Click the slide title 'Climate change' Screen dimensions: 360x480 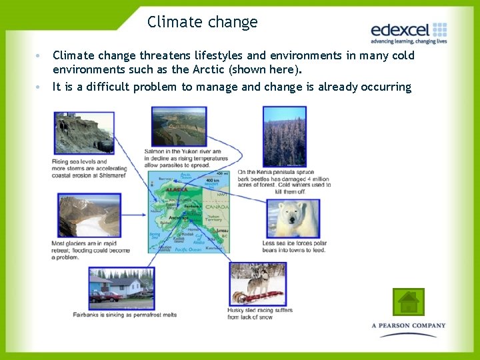[x=202, y=22]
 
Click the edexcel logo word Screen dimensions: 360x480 [x=399, y=30]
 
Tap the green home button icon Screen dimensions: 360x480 [x=408, y=302]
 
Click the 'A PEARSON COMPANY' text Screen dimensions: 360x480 [x=408, y=326]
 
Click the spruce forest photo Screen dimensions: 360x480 [x=284, y=136]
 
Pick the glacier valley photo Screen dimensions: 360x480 [x=89, y=215]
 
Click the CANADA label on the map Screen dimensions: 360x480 [x=216, y=207]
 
